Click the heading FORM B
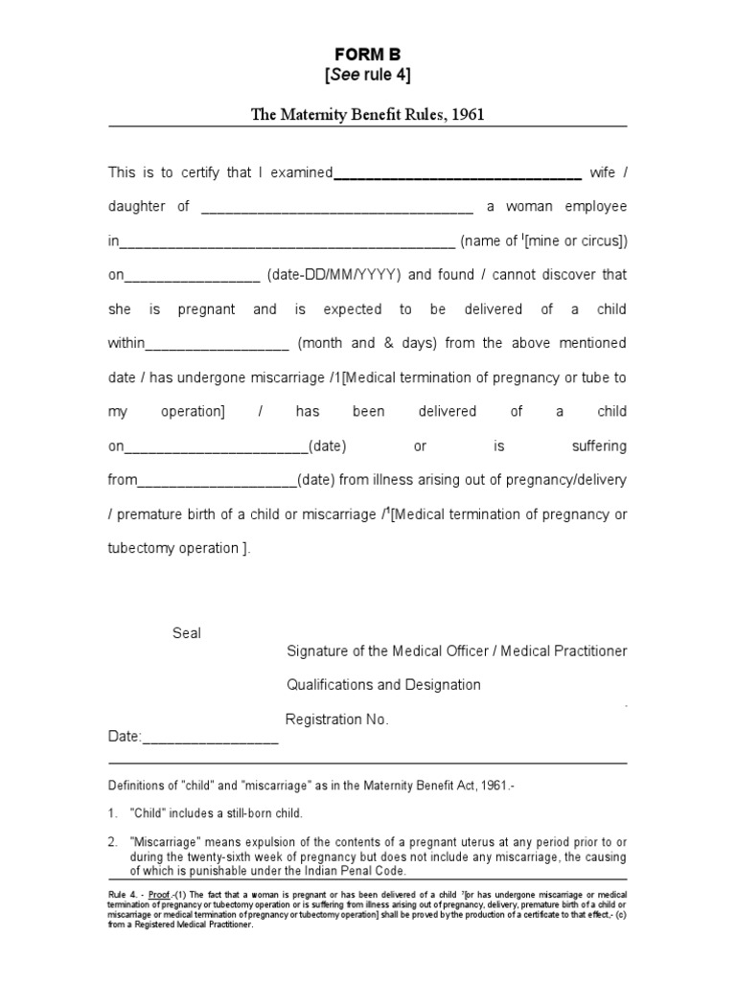[367, 54]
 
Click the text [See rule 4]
[367, 76]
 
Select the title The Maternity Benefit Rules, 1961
[367, 115]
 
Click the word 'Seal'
[187, 633]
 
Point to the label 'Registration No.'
[337, 719]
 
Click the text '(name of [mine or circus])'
[543, 241]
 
